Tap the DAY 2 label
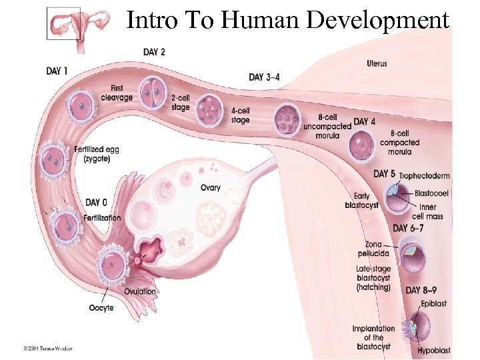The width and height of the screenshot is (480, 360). [155, 52]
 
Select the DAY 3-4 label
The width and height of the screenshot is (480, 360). [265, 77]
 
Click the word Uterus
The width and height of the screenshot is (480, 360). [377, 64]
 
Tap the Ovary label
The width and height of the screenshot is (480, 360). [211, 188]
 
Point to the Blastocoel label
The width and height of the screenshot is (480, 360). [431, 193]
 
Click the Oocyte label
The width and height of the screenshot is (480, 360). [101, 307]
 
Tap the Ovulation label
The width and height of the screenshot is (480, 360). [140, 291]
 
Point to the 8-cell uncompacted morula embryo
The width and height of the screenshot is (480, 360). [288, 119]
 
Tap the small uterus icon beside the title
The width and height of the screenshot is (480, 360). [63, 24]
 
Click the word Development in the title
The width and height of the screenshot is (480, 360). [378, 20]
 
